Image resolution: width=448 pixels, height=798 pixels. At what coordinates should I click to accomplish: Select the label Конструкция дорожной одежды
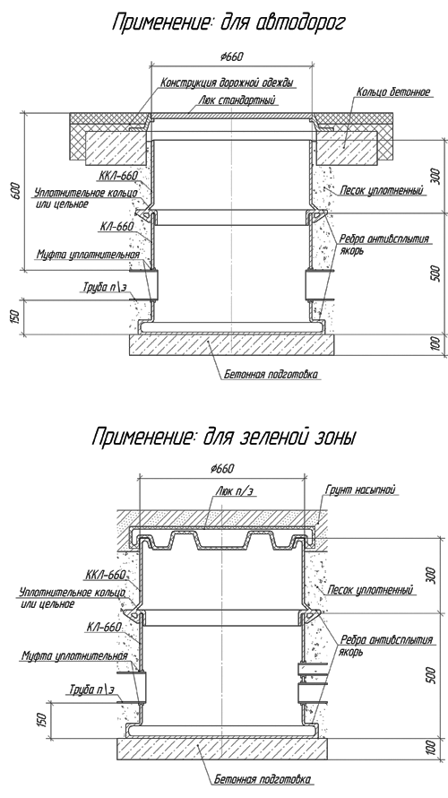[x=228, y=82]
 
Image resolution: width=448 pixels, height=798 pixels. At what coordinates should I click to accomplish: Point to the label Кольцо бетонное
[x=393, y=92]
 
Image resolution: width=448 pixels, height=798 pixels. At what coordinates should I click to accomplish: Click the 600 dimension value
[x=16, y=190]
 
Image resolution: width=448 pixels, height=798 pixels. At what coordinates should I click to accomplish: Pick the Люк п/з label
[x=235, y=490]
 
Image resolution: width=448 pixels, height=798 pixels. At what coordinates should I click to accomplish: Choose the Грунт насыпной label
[x=360, y=490]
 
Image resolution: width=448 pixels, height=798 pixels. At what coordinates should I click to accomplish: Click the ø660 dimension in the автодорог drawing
[x=232, y=56]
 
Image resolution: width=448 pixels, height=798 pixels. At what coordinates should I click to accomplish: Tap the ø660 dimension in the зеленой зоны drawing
[x=223, y=468]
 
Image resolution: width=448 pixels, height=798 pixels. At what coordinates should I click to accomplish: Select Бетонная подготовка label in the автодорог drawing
[x=271, y=375]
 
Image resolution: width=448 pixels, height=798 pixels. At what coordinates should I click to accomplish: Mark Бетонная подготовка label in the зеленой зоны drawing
[x=262, y=779]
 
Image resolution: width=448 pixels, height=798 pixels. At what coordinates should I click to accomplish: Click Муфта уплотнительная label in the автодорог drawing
[x=88, y=254]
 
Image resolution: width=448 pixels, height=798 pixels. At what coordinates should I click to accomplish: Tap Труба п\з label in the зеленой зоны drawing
[x=92, y=690]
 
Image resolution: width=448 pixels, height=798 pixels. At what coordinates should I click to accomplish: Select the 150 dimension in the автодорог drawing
[x=15, y=317]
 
